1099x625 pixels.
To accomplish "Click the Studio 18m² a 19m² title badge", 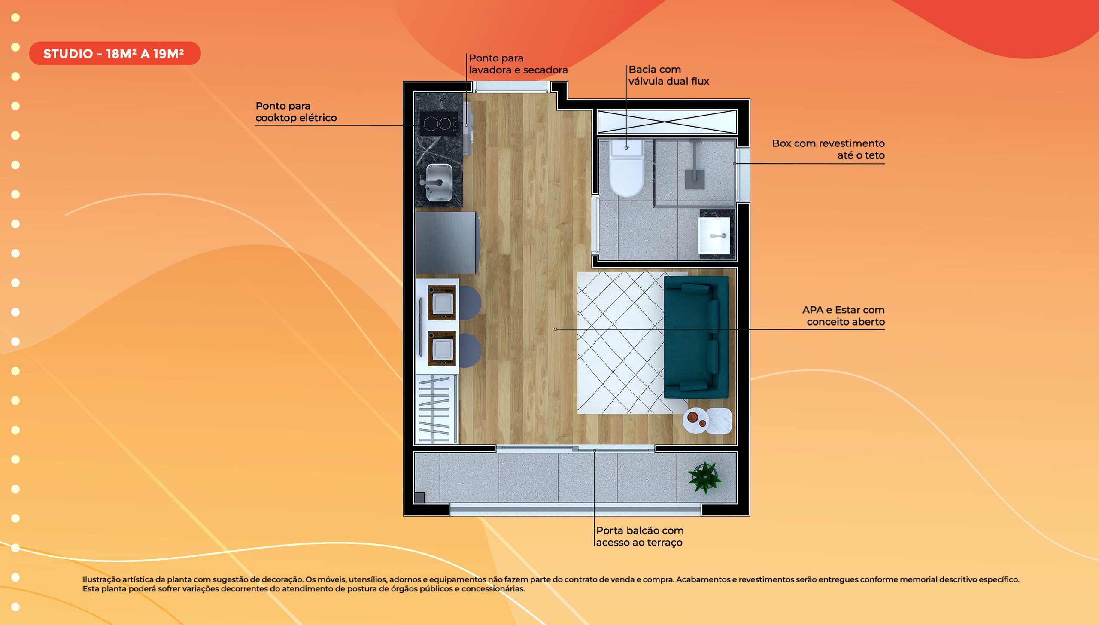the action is click(x=115, y=54).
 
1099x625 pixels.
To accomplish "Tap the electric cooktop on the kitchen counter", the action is click(x=439, y=124).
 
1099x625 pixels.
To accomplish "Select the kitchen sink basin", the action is click(x=439, y=183).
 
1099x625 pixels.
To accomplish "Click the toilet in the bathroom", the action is click(x=627, y=168).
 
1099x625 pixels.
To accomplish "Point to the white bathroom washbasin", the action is click(x=713, y=235).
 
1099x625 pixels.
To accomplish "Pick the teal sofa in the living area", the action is click(x=696, y=337).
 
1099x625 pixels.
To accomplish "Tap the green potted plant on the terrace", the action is click(x=705, y=477).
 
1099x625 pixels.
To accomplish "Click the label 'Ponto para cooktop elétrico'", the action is click(x=296, y=112).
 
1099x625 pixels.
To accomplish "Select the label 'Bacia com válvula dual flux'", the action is click(x=668, y=75).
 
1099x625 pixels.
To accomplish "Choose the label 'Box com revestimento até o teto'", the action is click(x=828, y=149).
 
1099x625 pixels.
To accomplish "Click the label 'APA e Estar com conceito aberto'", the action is click(x=843, y=316).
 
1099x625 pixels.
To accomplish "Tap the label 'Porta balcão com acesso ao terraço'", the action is click(x=640, y=536).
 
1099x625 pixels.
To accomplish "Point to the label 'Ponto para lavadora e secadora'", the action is click(x=518, y=64).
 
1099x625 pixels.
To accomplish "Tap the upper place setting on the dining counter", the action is click(x=442, y=303).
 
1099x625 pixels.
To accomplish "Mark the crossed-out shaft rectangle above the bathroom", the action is click(x=667, y=122).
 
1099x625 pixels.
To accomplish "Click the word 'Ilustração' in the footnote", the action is click(x=102, y=579).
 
